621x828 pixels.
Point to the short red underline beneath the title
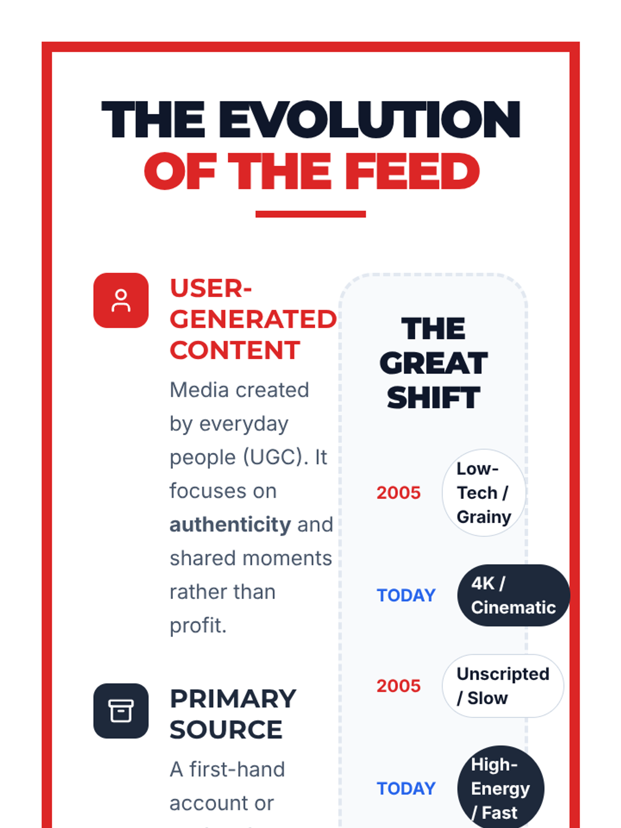tap(310, 214)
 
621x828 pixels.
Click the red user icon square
tap(121, 300)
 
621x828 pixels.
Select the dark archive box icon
tap(121, 711)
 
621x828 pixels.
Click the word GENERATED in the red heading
tap(253, 319)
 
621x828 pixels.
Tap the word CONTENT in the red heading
tap(235, 350)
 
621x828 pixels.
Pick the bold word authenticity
tap(230, 525)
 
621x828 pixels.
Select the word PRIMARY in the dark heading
tap(233, 699)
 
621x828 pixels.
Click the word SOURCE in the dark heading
tap(226, 730)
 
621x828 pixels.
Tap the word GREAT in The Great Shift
tap(434, 363)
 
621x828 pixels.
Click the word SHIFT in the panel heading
tap(434, 397)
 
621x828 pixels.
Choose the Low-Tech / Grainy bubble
tap(484, 493)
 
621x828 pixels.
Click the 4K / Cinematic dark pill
tap(513, 595)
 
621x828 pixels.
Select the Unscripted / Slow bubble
tap(503, 686)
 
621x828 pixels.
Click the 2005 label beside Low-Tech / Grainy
tap(398, 493)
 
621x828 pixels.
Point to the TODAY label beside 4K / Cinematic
tap(406, 595)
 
